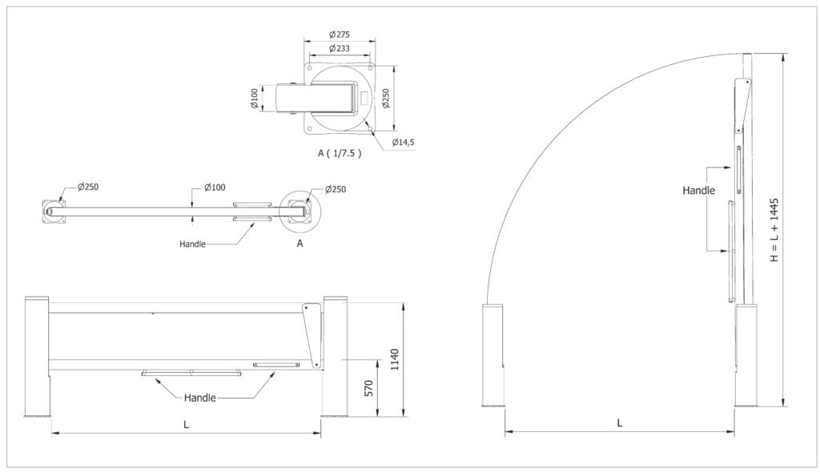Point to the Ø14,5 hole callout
pyautogui.click(x=403, y=142)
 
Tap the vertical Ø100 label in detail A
pyautogui.click(x=254, y=99)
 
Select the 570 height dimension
pyautogui.click(x=369, y=389)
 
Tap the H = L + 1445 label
pyautogui.click(x=774, y=230)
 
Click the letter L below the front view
pyautogui.click(x=186, y=425)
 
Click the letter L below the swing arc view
pyautogui.click(x=620, y=422)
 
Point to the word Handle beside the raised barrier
pyautogui.click(x=698, y=191)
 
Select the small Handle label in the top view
pyautogui.click(x=193, y=243)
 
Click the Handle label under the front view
pyautogui.click(x=199, y=398)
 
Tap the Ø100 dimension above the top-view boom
pyautogui.click(x=215, y=187)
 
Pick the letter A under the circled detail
pyautogui.click(x=299, y=244)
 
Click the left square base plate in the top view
pyautogui.click(x=53, y=212)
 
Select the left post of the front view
pyautogui.click(x=37, y=356)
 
